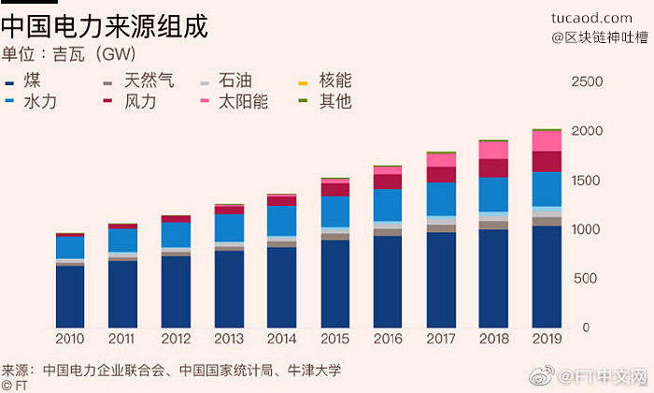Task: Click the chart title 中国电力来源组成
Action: [x=105, y=27]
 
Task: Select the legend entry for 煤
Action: [x=23, y=80]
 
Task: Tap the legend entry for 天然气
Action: [x=138, y=80]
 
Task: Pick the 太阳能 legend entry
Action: [x=234, y=101]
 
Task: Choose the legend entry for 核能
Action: [x=325, y=80]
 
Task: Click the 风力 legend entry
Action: [x=130, y=101]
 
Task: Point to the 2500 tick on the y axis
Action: [x=587, y=81]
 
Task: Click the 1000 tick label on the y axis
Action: [x=586, y=229]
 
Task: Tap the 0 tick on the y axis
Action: [x=586, y=327]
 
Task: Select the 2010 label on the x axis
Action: [x=70, y=339]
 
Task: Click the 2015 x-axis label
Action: [x=334, y=339]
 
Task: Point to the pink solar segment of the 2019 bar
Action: [x=547, y=141]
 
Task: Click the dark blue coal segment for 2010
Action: [x=70, y=297]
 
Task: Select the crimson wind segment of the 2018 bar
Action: [x=493, y=168]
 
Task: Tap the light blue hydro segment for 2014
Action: [x=282, y=221]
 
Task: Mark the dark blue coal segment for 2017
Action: [x=441, y=280]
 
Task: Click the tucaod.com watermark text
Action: [x=591, y=18]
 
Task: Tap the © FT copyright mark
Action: [x=15, y=386]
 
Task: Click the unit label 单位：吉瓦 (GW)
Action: [x=68, y=54]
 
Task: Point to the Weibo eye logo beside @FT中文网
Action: [x=541, y=375]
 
